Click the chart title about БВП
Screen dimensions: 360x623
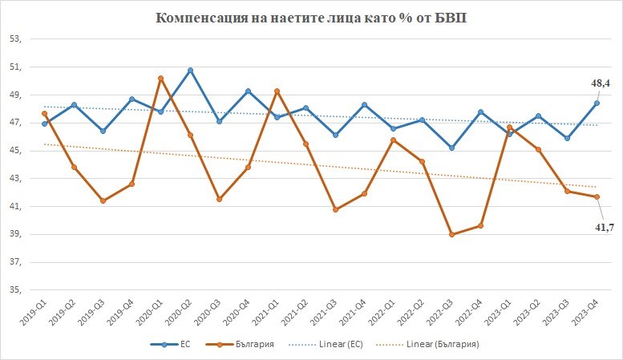point(311,18)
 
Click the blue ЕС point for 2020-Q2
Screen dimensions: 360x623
point(190,70)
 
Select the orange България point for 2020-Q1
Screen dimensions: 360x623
point(161,78)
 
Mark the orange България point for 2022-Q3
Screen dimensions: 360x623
point(451,234)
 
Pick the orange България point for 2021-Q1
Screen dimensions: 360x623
point(277,91)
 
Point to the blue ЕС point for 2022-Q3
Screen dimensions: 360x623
point(451,148)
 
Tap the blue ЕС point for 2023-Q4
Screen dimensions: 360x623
point(597,103)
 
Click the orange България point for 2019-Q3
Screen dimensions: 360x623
point(103,200)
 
